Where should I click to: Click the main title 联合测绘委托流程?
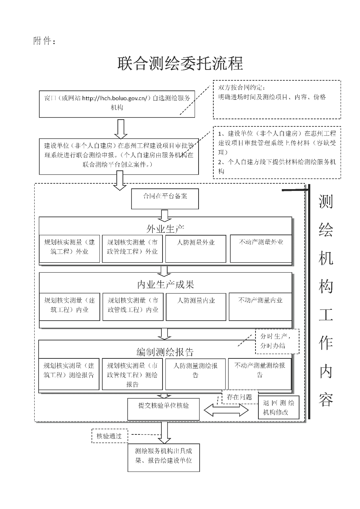click(180, 63)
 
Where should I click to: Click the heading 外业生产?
click(165, 228)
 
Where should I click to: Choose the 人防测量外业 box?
click(195, 248)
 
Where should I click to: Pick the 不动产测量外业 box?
click(261, 248)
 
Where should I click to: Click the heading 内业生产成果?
click(165, 285)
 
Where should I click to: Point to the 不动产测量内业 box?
click(260, 307)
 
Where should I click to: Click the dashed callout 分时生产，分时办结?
click(277, 341)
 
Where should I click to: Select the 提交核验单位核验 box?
click(163, 409)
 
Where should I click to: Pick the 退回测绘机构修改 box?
click(279, 408)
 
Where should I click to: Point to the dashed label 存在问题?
click(240, 397)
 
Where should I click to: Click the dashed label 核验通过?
click(110, 436)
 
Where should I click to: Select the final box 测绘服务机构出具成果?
click(163, 457)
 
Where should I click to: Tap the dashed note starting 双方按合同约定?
click(276, 99)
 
